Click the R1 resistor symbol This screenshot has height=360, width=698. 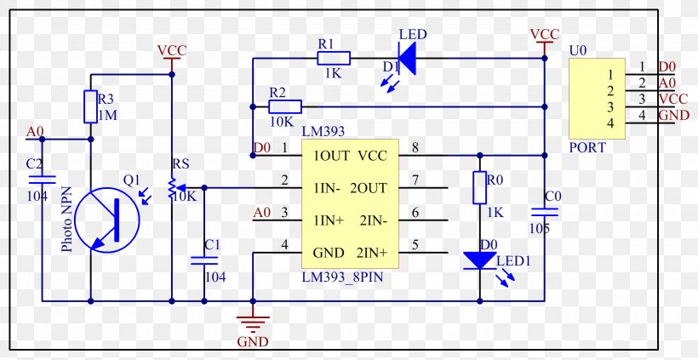(334, 58)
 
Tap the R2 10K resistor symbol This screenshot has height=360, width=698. (285, 106)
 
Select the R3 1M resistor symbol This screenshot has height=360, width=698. (90, 106)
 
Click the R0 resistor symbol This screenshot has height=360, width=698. (479, 187)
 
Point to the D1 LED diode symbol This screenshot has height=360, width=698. (406, 58)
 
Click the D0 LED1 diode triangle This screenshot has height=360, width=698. (479, 260)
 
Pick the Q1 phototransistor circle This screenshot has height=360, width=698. (107, 220)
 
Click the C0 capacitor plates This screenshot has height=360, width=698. (544, 212)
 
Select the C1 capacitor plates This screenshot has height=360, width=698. (204, 260)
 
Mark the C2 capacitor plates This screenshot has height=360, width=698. (43, 180)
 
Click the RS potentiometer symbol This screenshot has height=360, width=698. (171, 187)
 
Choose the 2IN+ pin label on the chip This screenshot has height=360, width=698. (372, 254)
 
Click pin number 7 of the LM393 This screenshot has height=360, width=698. (415, 180)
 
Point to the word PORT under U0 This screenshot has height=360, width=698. (587, 147)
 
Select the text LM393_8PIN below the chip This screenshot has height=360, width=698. (342, 277)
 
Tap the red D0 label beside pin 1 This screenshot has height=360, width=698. (262, 148)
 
